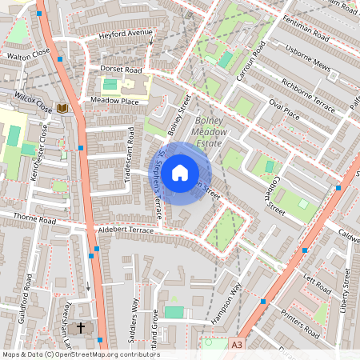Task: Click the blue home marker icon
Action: click(x=180, y=172)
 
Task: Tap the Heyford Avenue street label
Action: click(x=125, y=34)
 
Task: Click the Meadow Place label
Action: click(x=114, y=101)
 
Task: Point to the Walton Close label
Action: click(x=28, y=57)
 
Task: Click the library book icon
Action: click(x=62, y=108)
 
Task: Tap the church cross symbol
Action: click(x=80, y=328)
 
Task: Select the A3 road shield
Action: click(x=236, y=344)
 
